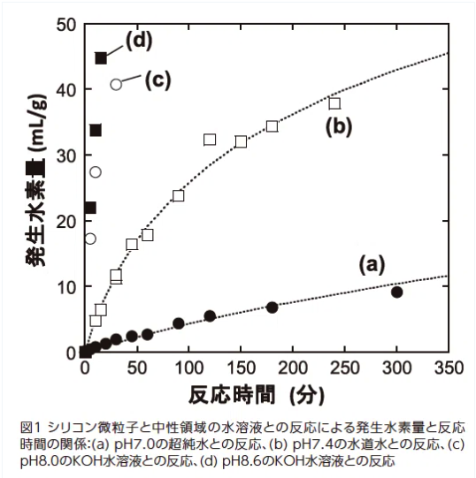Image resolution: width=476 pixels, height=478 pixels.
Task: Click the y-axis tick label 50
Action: pos(65,25)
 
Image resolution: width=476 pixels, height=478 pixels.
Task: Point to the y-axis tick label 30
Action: pos(65,156)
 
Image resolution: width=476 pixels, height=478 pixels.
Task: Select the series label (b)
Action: pos(338,126)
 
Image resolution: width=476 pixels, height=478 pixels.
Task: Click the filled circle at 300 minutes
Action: pos(396,292)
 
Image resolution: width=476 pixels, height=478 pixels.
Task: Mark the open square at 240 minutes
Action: pos(334,103)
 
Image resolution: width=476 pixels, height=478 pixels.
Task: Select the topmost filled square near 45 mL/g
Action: pos(101,58)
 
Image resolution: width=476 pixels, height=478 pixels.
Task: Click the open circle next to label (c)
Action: pos(116,84)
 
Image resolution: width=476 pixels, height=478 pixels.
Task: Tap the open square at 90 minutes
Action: pos(178,195)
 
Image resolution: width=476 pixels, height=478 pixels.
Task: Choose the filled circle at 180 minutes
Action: pos(272,307)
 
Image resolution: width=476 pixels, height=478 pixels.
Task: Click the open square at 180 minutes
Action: pos(272,126)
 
